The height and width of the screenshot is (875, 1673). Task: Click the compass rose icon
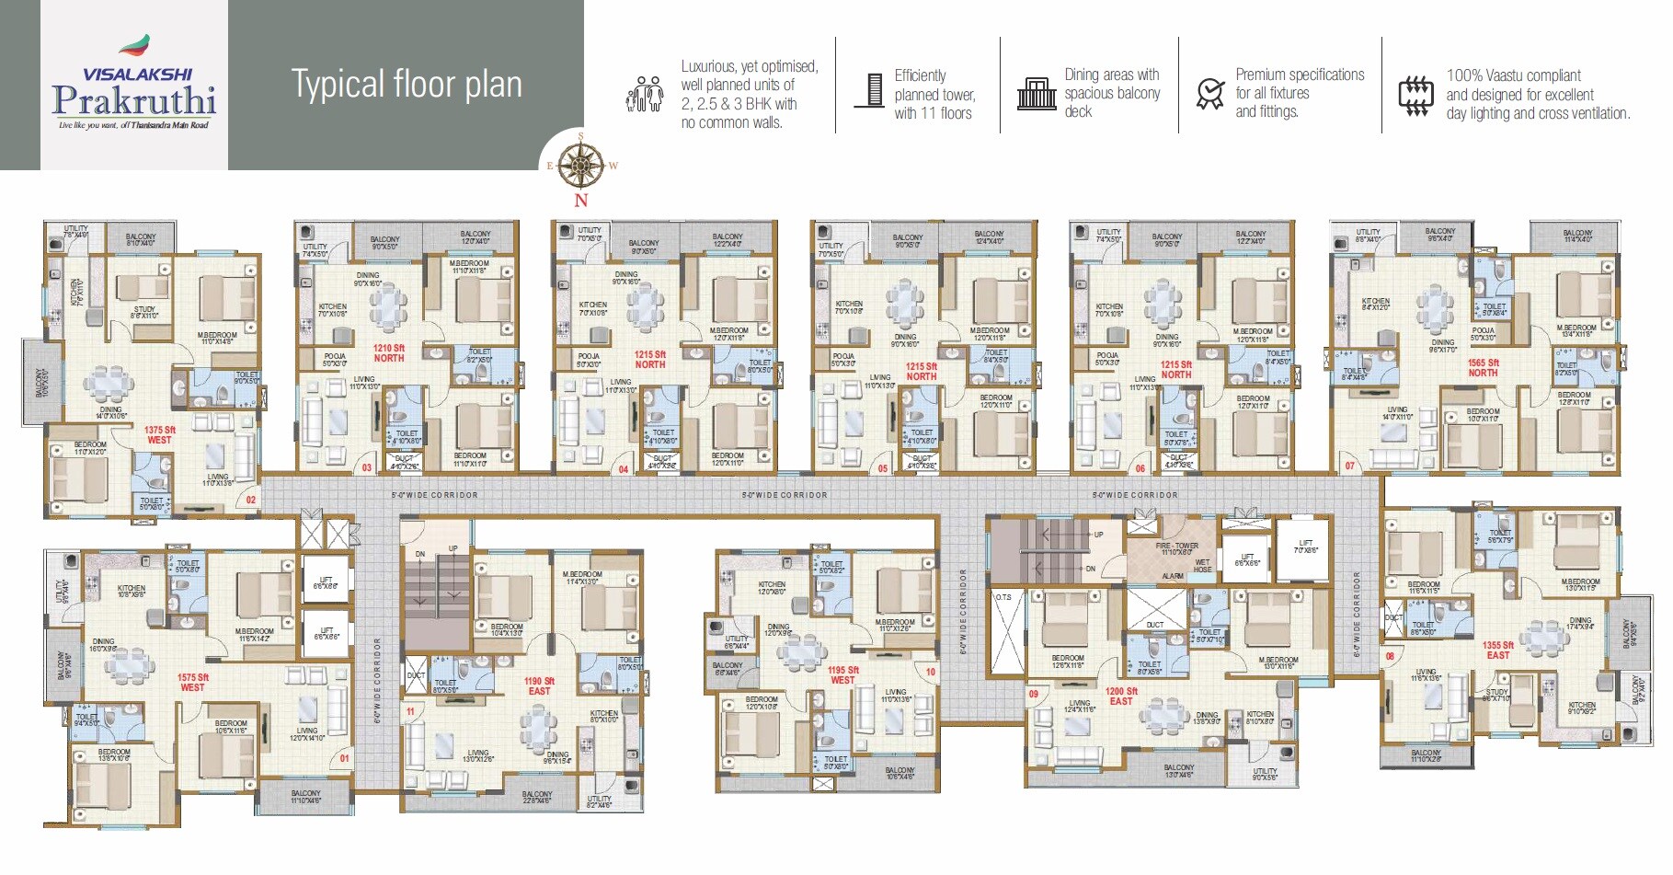click(580, 166)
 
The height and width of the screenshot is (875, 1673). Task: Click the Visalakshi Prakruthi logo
click(134, 85)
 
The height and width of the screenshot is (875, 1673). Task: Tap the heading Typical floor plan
click(407, 85)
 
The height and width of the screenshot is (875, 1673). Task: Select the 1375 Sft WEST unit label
click(159, 435)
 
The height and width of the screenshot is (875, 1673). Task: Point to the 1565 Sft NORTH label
click(1483, 368)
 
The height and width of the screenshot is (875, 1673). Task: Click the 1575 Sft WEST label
click(192, 683)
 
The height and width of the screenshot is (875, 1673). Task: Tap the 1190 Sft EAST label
click(539, 686)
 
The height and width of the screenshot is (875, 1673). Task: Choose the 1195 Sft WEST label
click(842, 675)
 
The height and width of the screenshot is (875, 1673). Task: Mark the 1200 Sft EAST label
click(1121, 697)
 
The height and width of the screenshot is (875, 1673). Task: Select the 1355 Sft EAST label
click(1498, 650)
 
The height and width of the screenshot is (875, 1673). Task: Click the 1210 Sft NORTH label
click(388, 353)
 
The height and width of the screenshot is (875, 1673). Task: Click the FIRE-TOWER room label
click(1176, 549)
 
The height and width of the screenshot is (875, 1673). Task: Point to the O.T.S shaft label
click(1003, 598)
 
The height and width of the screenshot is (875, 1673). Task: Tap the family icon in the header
click(645, 94)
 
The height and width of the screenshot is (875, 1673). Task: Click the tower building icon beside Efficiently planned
click(869, 90)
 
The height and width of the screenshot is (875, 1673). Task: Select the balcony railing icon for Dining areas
click(1037, 94)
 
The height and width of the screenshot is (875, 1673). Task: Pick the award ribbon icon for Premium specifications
click(1209, 94)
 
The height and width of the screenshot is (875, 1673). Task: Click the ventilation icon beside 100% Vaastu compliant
click(1415, 95)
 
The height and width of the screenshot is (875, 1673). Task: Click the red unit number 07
click(1350, 466)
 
